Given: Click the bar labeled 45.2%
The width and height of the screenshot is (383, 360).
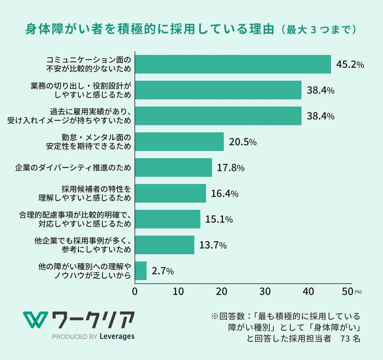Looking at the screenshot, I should (x=233, y=64).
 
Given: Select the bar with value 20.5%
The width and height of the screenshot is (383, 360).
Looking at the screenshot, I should (x=179, y=142).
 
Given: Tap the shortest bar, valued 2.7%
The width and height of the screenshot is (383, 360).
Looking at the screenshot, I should (x=141, y=271).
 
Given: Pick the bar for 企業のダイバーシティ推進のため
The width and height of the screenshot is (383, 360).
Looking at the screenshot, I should (x=173, y=167).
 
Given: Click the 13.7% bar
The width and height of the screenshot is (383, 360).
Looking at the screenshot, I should (x=165, y=245).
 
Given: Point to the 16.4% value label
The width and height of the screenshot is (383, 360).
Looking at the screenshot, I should (x=225, y=193).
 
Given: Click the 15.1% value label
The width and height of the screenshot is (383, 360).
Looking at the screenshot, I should (x=219, y=219).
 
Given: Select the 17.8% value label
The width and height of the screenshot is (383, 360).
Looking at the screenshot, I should (x=230, y=168).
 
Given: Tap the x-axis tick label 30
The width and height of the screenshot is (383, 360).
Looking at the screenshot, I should (x=265, y=291).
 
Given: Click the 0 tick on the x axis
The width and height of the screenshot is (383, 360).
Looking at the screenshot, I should (x=135, y=291).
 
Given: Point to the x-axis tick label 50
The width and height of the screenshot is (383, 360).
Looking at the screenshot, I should (x=347, y=291).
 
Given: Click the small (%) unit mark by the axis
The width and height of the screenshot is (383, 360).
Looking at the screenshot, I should (x=358, y=292).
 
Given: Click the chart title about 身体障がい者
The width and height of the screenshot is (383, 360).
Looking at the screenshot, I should (x=149, y=29).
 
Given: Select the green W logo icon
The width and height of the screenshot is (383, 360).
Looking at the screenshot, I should (x=35, y=319).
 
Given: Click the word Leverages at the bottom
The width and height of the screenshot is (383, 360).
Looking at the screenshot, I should (x=117, y=336).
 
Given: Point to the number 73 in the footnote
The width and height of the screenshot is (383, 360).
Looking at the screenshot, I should (x=345, y=338).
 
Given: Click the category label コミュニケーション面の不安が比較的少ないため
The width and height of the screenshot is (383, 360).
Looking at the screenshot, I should (x=89, y=64).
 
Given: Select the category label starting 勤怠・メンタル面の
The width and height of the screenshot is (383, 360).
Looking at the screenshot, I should (x=89, y=142).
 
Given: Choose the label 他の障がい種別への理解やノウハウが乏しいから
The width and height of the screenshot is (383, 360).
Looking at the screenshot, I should (x=85, y=271).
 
